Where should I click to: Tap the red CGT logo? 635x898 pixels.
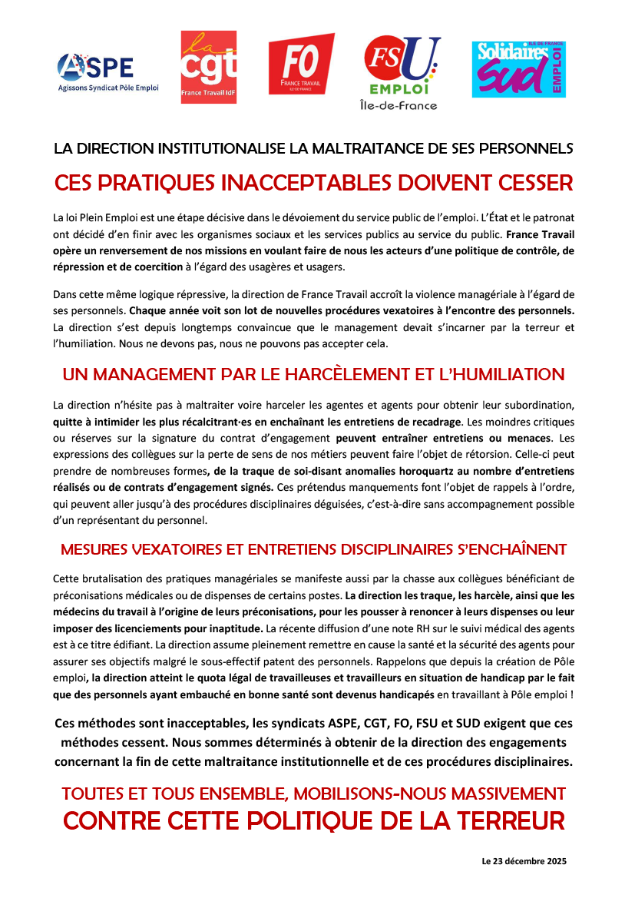[x=208, y=67]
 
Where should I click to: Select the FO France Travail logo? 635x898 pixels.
[x=301, y=65]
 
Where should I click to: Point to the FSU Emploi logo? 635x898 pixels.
[x=402, y=67]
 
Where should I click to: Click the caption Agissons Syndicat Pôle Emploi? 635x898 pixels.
[x=108, y=88]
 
